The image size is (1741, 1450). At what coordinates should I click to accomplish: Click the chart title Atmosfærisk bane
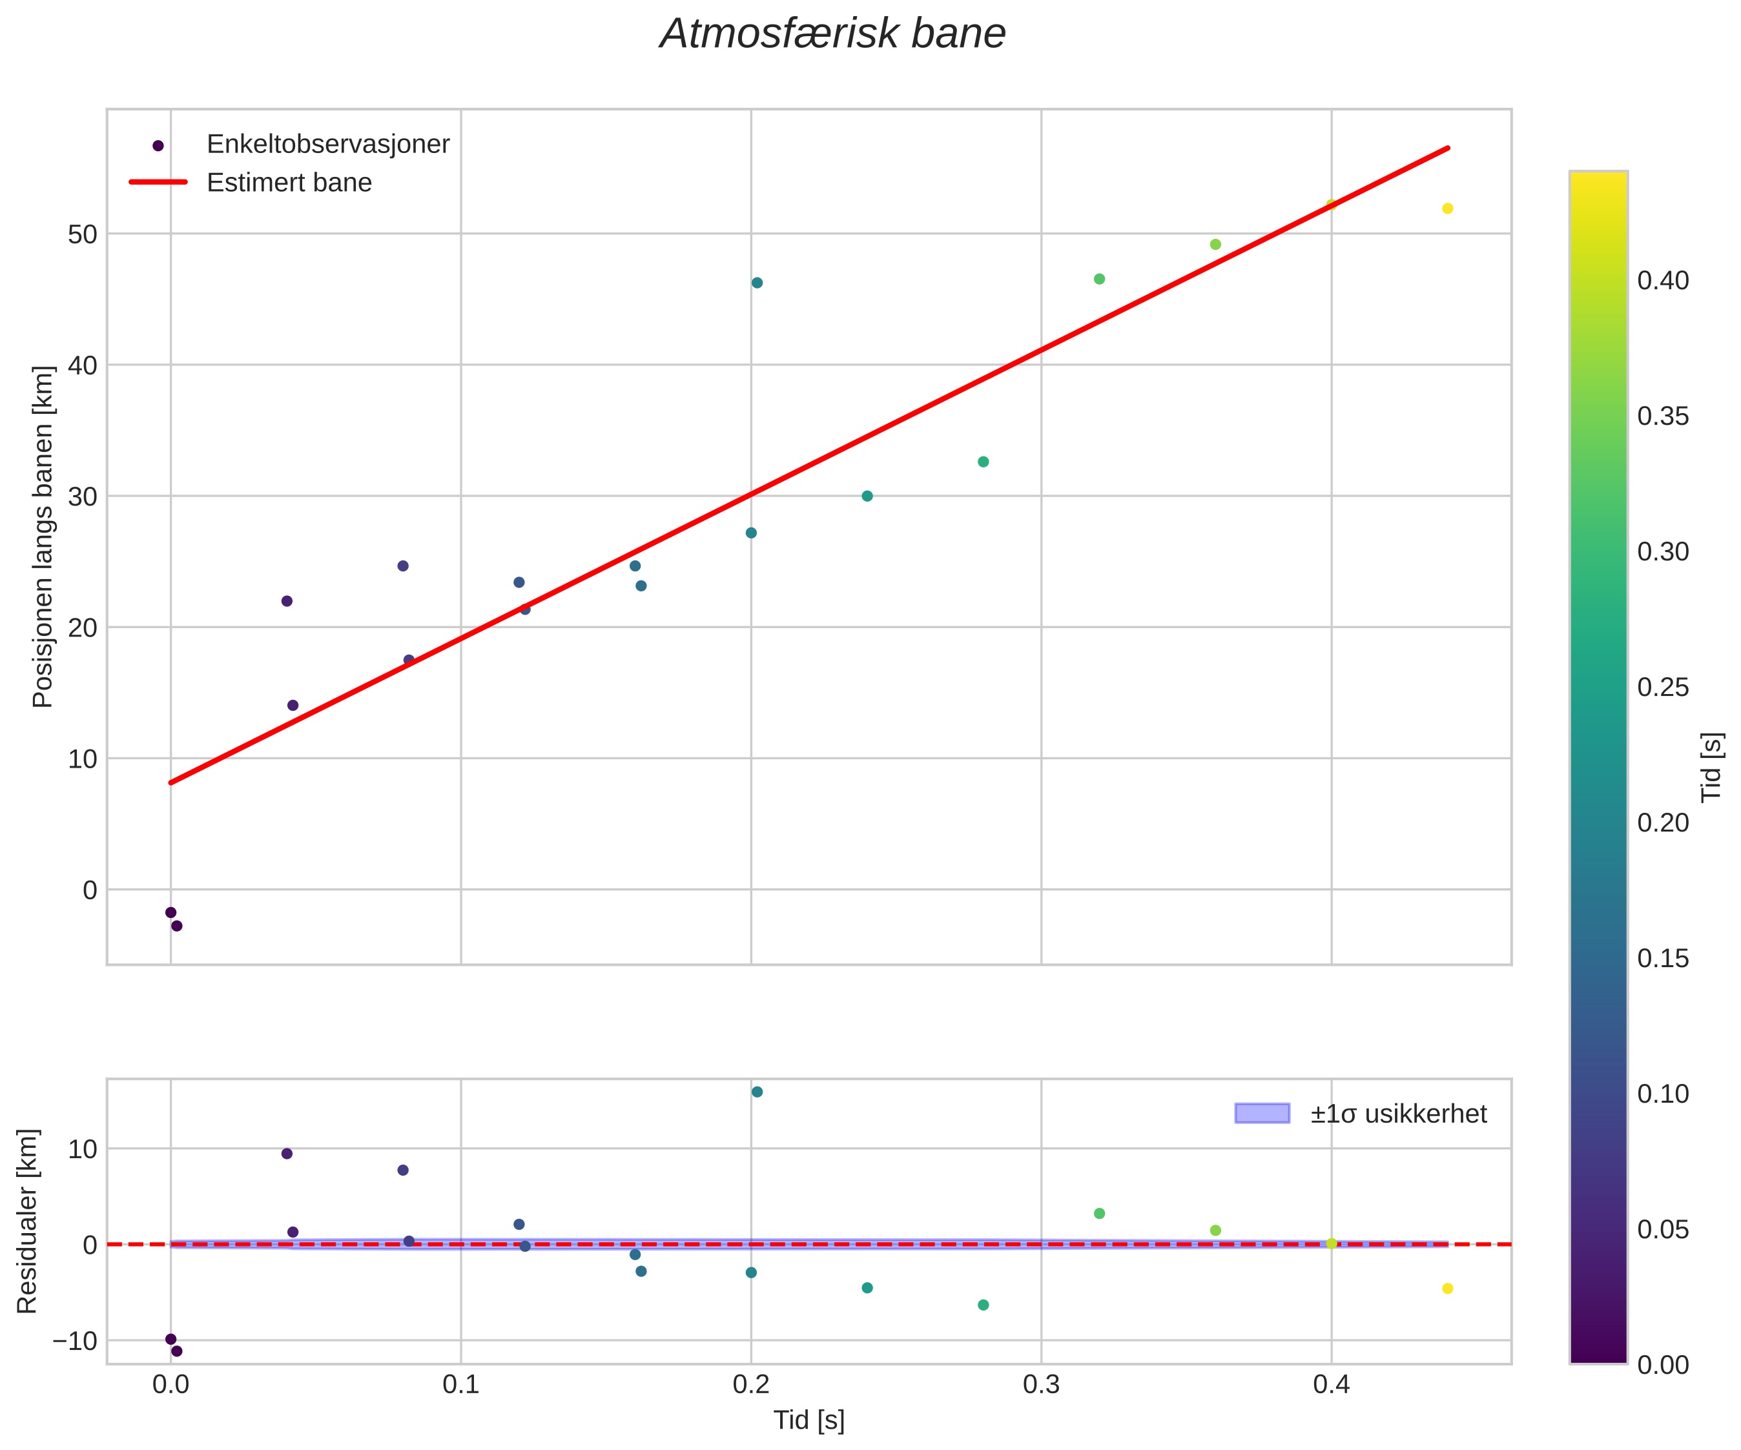[832, 35]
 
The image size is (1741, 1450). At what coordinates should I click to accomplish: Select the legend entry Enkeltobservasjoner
[327, 144]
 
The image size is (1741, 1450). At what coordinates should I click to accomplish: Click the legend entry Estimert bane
[289, 183]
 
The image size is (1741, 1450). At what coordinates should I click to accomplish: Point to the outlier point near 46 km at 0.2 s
[757, 283]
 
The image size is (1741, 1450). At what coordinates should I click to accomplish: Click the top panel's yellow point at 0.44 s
[1448, 208]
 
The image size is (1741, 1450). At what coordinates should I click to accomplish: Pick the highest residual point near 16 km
[757, 1092]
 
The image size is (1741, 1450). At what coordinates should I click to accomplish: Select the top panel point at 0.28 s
[984, 462]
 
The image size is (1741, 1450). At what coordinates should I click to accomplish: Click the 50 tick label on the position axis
[82, 234]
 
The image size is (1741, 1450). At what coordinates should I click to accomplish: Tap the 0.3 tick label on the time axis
[1040, 1385]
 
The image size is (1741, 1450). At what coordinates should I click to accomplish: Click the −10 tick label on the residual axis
[75, 1340]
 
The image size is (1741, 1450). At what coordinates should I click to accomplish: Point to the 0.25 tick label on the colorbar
[1662, 688]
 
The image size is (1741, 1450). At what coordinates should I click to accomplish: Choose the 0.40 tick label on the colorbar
[1662, 280]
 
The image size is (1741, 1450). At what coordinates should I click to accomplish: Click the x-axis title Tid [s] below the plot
[809, 1420]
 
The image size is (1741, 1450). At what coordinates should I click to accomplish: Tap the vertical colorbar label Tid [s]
[1711, 767]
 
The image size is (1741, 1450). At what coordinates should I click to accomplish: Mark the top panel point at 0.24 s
[867, 496]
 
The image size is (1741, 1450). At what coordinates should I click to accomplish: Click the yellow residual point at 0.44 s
[1448, 1289]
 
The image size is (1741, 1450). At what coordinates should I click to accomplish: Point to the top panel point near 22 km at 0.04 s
[287, 601]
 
